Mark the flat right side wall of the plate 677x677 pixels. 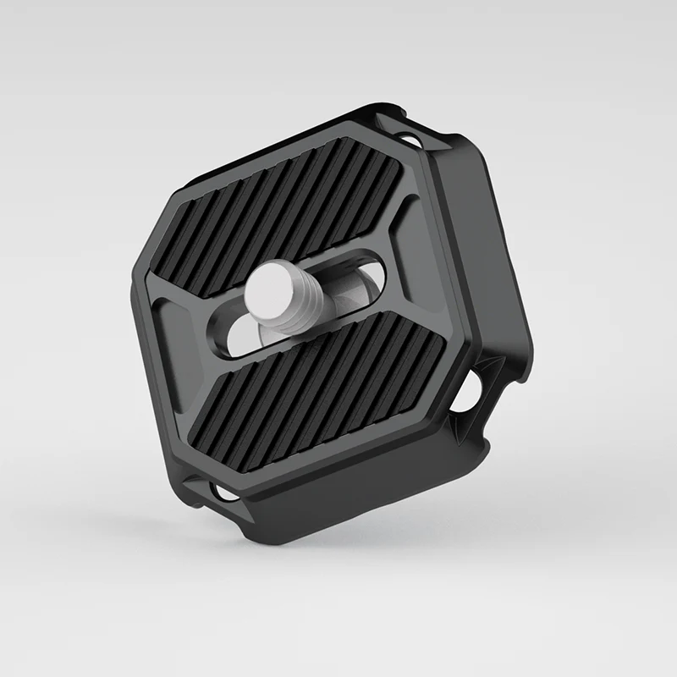tap(499, 254)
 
